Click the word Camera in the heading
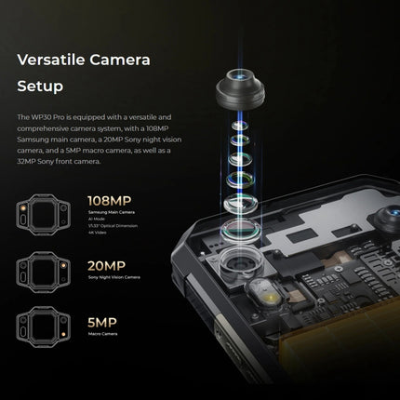pos(125,60)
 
